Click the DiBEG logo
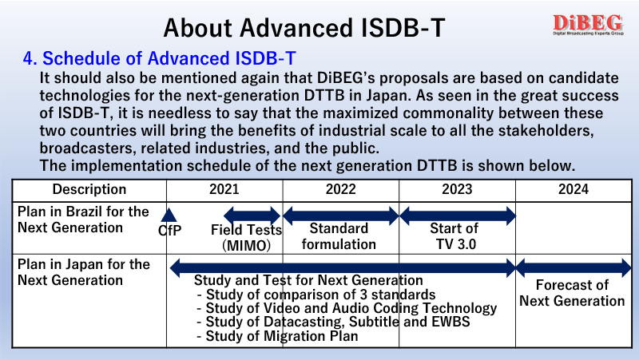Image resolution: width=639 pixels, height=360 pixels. click(588, 25)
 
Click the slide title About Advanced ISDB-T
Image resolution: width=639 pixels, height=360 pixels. click(304, 28)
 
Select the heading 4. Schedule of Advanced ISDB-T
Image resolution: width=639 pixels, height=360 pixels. click(159, 58)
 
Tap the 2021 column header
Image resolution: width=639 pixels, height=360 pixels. click(224, 189)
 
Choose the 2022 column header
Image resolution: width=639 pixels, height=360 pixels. click(341, 189)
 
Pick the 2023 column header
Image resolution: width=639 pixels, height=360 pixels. click(457, 189)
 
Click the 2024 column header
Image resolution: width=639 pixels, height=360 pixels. click(574, 189)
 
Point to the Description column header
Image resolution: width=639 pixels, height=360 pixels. click(89, 189)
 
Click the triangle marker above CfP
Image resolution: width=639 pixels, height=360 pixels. click(169, 215)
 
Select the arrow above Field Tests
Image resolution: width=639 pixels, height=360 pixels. click(252, 216)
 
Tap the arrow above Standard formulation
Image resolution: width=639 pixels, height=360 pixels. click(341, 216)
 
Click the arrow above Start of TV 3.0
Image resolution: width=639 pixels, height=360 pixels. click(458, 216)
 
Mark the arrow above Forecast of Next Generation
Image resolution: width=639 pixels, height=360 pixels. click(574, 268)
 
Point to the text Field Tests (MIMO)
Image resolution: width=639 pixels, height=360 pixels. click(247, 237)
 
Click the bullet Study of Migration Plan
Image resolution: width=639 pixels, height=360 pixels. click(277, 336)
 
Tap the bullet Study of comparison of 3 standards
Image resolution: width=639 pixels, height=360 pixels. click(316, 295)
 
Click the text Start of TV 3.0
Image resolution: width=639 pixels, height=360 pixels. click(454, 236)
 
